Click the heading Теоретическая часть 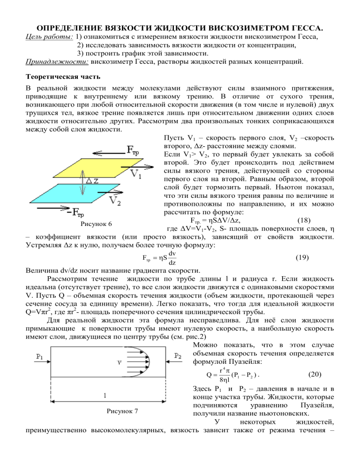[57, 78]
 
